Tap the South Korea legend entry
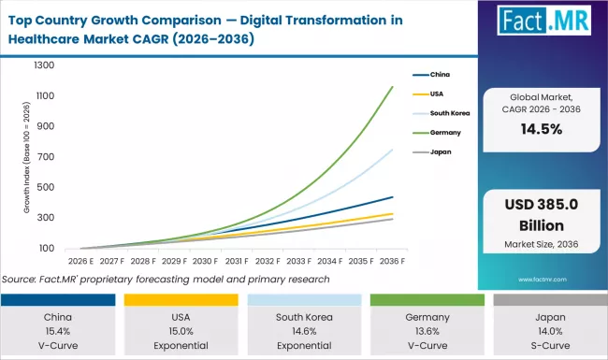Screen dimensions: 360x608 pyautogui.click(x=452, y=111)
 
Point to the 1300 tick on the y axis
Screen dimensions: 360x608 pyautogui.click(x=44, y=65)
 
